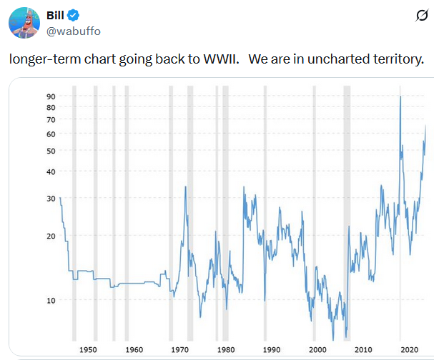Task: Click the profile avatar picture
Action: [23, 24]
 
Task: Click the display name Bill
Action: [55, 16]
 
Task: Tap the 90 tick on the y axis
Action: [51, 96]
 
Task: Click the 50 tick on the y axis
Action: [51, 151]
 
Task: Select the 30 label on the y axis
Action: [51, 198]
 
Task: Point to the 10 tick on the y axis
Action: [51, 300]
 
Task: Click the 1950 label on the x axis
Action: [88, 349]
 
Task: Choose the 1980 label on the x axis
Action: [225, 349]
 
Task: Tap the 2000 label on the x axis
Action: [317, 349]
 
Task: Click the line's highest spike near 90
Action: [400, 96]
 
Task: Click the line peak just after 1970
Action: [186, 187]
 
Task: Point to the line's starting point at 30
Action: [61, 198]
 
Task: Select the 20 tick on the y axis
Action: [51, 236]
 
